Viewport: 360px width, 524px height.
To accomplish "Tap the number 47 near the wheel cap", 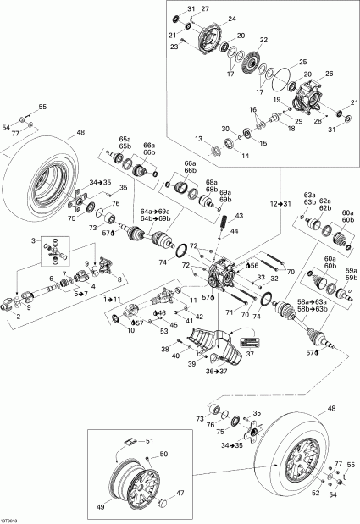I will (179, 492).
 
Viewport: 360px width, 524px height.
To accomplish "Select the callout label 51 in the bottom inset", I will (150, 440).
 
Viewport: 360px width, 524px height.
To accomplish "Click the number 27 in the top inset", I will (204, 8).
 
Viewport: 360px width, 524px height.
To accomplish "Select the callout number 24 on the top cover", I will (232, 18).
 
